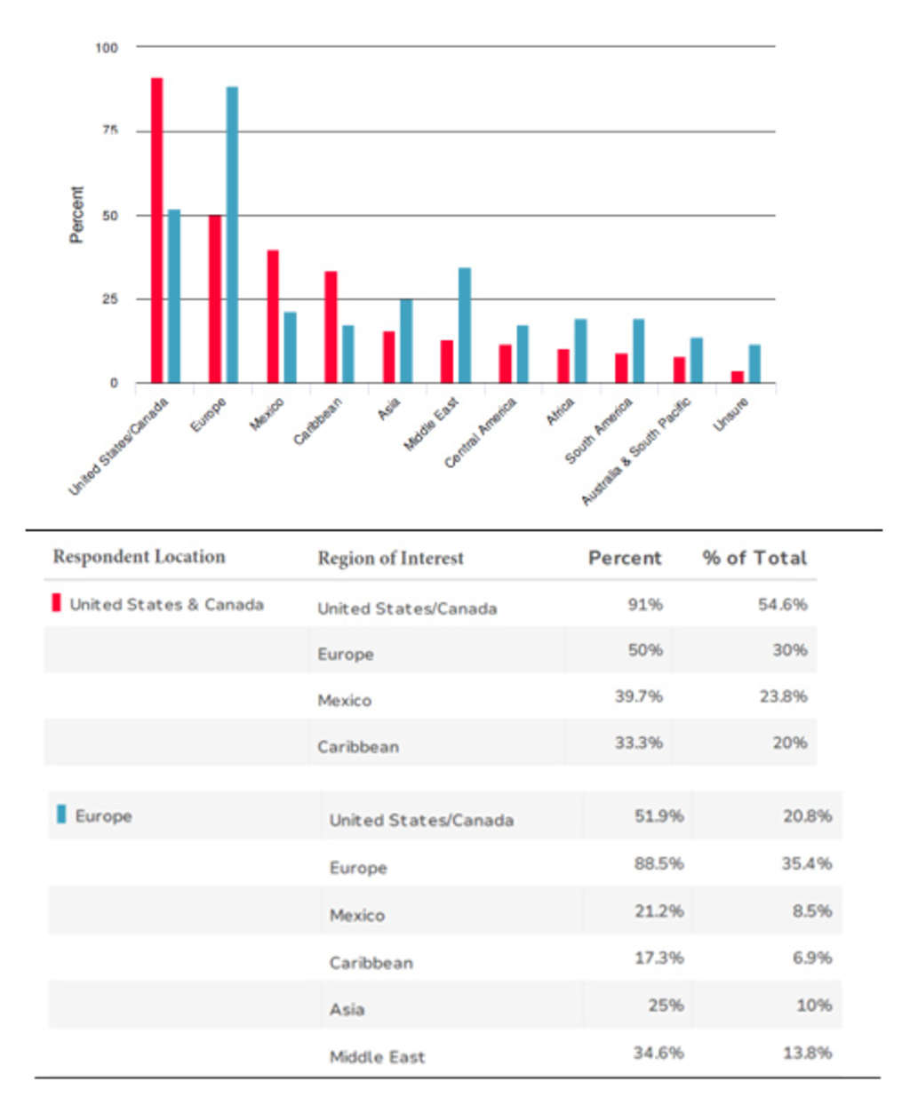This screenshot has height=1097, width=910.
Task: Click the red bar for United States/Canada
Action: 156,230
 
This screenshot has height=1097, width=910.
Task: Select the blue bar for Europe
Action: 232,235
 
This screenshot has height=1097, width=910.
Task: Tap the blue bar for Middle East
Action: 464,325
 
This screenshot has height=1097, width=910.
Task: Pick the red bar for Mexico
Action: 273,316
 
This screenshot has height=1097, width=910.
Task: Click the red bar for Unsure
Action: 737,377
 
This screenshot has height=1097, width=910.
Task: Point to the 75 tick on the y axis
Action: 110,131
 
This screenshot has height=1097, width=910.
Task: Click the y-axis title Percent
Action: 77,215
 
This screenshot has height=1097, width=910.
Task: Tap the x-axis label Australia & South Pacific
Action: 636,452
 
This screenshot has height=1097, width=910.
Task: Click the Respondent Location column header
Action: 139,557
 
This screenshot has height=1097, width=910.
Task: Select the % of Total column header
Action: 754,558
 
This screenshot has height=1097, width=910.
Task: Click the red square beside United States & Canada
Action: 57,603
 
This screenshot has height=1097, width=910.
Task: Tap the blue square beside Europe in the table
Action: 61,815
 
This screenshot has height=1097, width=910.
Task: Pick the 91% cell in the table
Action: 644,604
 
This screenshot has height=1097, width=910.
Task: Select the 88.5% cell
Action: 659,863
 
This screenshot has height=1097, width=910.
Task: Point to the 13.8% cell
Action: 807,1053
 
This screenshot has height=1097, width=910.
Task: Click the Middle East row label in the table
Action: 377,1056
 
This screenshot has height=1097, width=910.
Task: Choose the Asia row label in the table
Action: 347,1009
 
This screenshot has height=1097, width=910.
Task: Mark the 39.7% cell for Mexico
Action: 638,696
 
